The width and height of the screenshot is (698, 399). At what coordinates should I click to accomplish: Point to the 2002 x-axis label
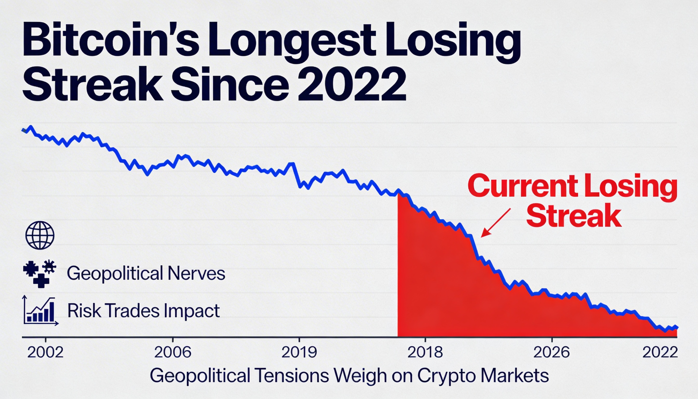45,352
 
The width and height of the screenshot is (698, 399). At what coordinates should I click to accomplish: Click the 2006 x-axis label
173,352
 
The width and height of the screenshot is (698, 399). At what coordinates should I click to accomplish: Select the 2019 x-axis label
299,352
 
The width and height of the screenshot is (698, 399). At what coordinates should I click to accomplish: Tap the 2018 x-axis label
425,352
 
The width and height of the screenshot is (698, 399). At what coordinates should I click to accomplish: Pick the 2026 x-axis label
552,352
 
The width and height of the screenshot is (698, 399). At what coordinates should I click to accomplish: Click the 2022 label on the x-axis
660,352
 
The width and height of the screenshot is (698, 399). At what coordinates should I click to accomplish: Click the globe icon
40,235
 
